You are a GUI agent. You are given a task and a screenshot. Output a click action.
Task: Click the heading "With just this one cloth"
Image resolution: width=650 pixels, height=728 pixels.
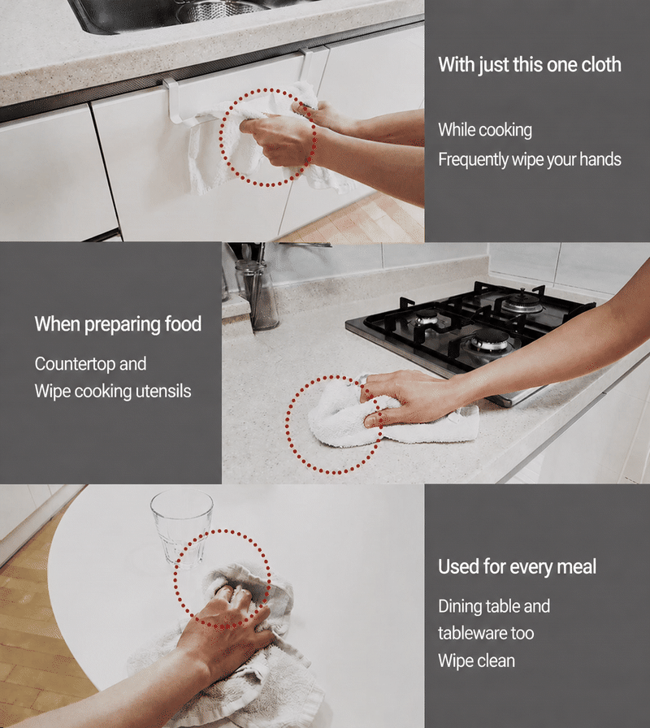point(530,64)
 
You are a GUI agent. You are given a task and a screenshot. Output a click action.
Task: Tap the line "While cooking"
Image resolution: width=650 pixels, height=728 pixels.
point(485,130)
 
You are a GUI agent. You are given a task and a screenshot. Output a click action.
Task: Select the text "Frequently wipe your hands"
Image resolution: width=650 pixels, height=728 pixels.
point(530,159)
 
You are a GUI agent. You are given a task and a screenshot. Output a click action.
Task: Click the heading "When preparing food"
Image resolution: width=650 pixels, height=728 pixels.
point(118,324)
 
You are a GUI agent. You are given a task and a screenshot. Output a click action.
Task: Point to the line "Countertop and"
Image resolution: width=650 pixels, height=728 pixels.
point(90,363)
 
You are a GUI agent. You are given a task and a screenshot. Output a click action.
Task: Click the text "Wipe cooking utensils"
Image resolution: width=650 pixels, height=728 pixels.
point(113,391)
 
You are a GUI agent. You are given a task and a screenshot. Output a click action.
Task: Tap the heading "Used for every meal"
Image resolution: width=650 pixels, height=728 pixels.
point(518,566)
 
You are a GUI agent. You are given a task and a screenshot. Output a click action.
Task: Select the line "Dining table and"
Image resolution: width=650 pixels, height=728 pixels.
point(494,606)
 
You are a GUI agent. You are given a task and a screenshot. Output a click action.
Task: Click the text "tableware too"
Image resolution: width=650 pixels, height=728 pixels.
point(486,633)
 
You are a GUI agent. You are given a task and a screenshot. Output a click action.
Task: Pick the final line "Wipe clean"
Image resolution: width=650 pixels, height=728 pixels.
point(476,661)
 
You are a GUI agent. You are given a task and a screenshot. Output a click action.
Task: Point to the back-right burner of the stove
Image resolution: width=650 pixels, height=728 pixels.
point(522,301)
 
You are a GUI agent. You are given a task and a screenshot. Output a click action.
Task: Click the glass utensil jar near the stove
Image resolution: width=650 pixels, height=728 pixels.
point(258,294)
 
